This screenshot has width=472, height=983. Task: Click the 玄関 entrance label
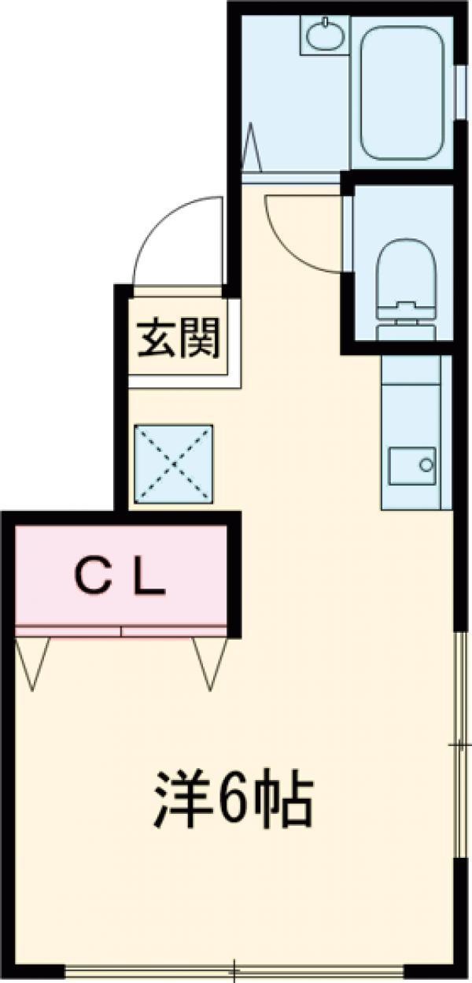click(x=180, y=339)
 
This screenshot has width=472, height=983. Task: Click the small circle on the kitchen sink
click(x=426, y=464)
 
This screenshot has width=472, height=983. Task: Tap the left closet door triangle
click(x=32, y=661)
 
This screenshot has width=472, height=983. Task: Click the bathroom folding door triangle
click(x=253, y=147)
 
